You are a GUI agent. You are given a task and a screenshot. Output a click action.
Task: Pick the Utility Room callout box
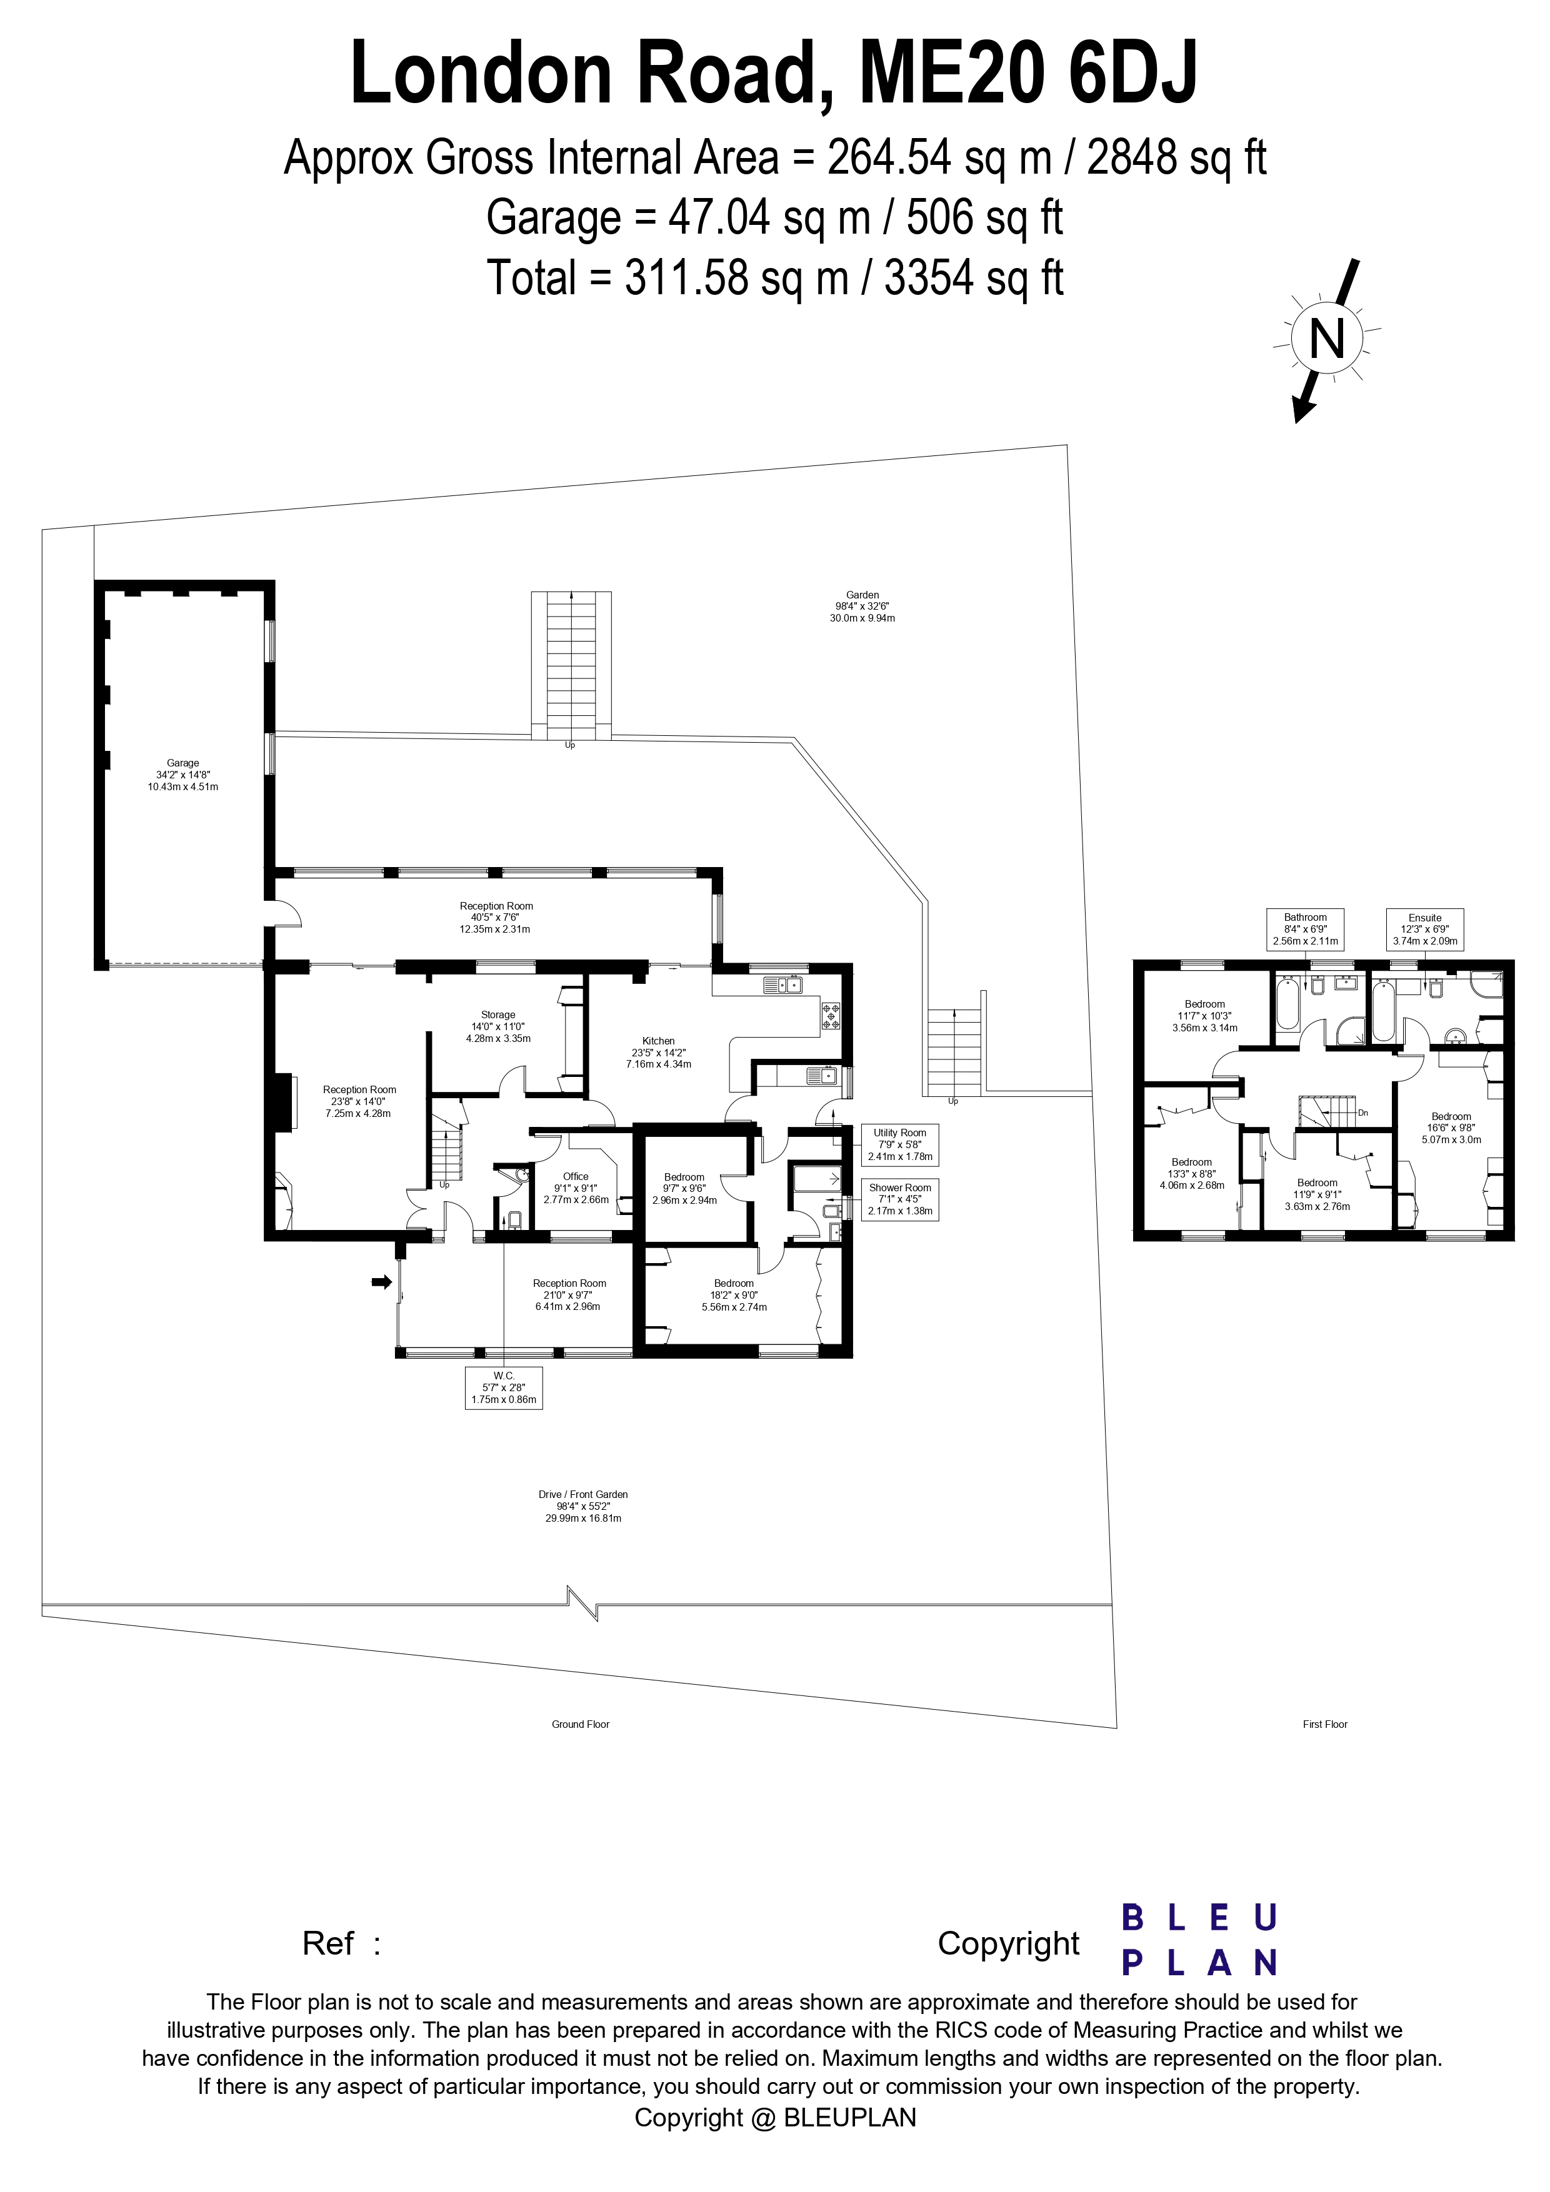click(x=899, y=1144)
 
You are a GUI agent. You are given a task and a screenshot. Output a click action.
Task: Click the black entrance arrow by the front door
click(x=382, y=1282)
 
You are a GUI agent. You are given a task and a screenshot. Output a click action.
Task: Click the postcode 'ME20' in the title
click(x=950, y=74)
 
